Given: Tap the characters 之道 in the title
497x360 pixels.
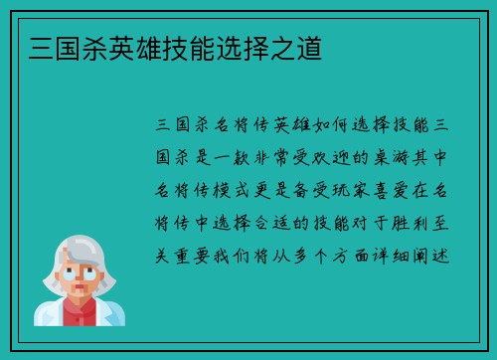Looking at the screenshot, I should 302,47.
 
